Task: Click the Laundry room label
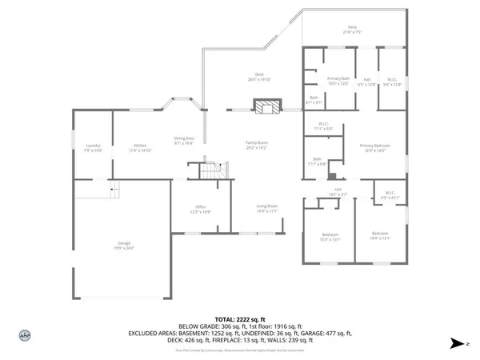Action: pyautogui.click(x=94, y=148)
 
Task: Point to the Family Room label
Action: pyautogui.click(x=256, y=145)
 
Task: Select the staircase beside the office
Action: pyautogui.click(x=210, y=170)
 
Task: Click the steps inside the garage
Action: pyautogui.click(x=113, y=190)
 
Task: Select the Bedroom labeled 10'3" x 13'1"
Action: pyautogui.click(x=330, y=237)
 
